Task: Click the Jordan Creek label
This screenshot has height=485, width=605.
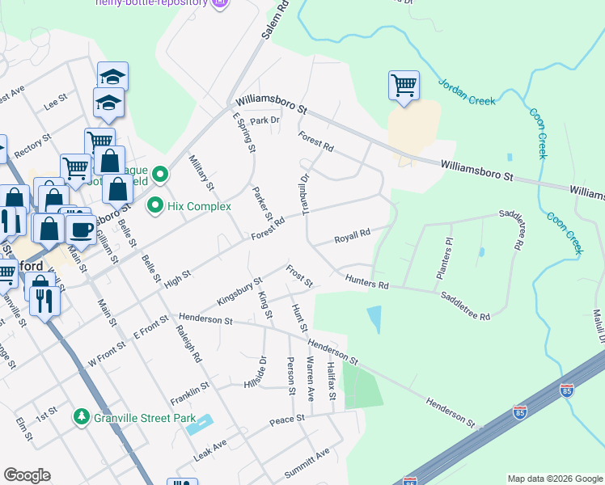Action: [465, 92]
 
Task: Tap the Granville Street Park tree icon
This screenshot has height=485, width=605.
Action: [81, 417]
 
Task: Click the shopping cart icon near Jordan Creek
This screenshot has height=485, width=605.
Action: [403, 84]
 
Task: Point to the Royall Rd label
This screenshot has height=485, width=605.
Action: [352, 237]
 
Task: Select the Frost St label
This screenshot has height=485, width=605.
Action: [298, 275]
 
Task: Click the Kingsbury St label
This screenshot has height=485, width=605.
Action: [239, 292]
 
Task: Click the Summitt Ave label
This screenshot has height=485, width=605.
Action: [307, 462]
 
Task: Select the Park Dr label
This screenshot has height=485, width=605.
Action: [264, 120]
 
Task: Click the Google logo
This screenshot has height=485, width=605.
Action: [27, 475]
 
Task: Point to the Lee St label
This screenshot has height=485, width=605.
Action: [54, 104]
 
